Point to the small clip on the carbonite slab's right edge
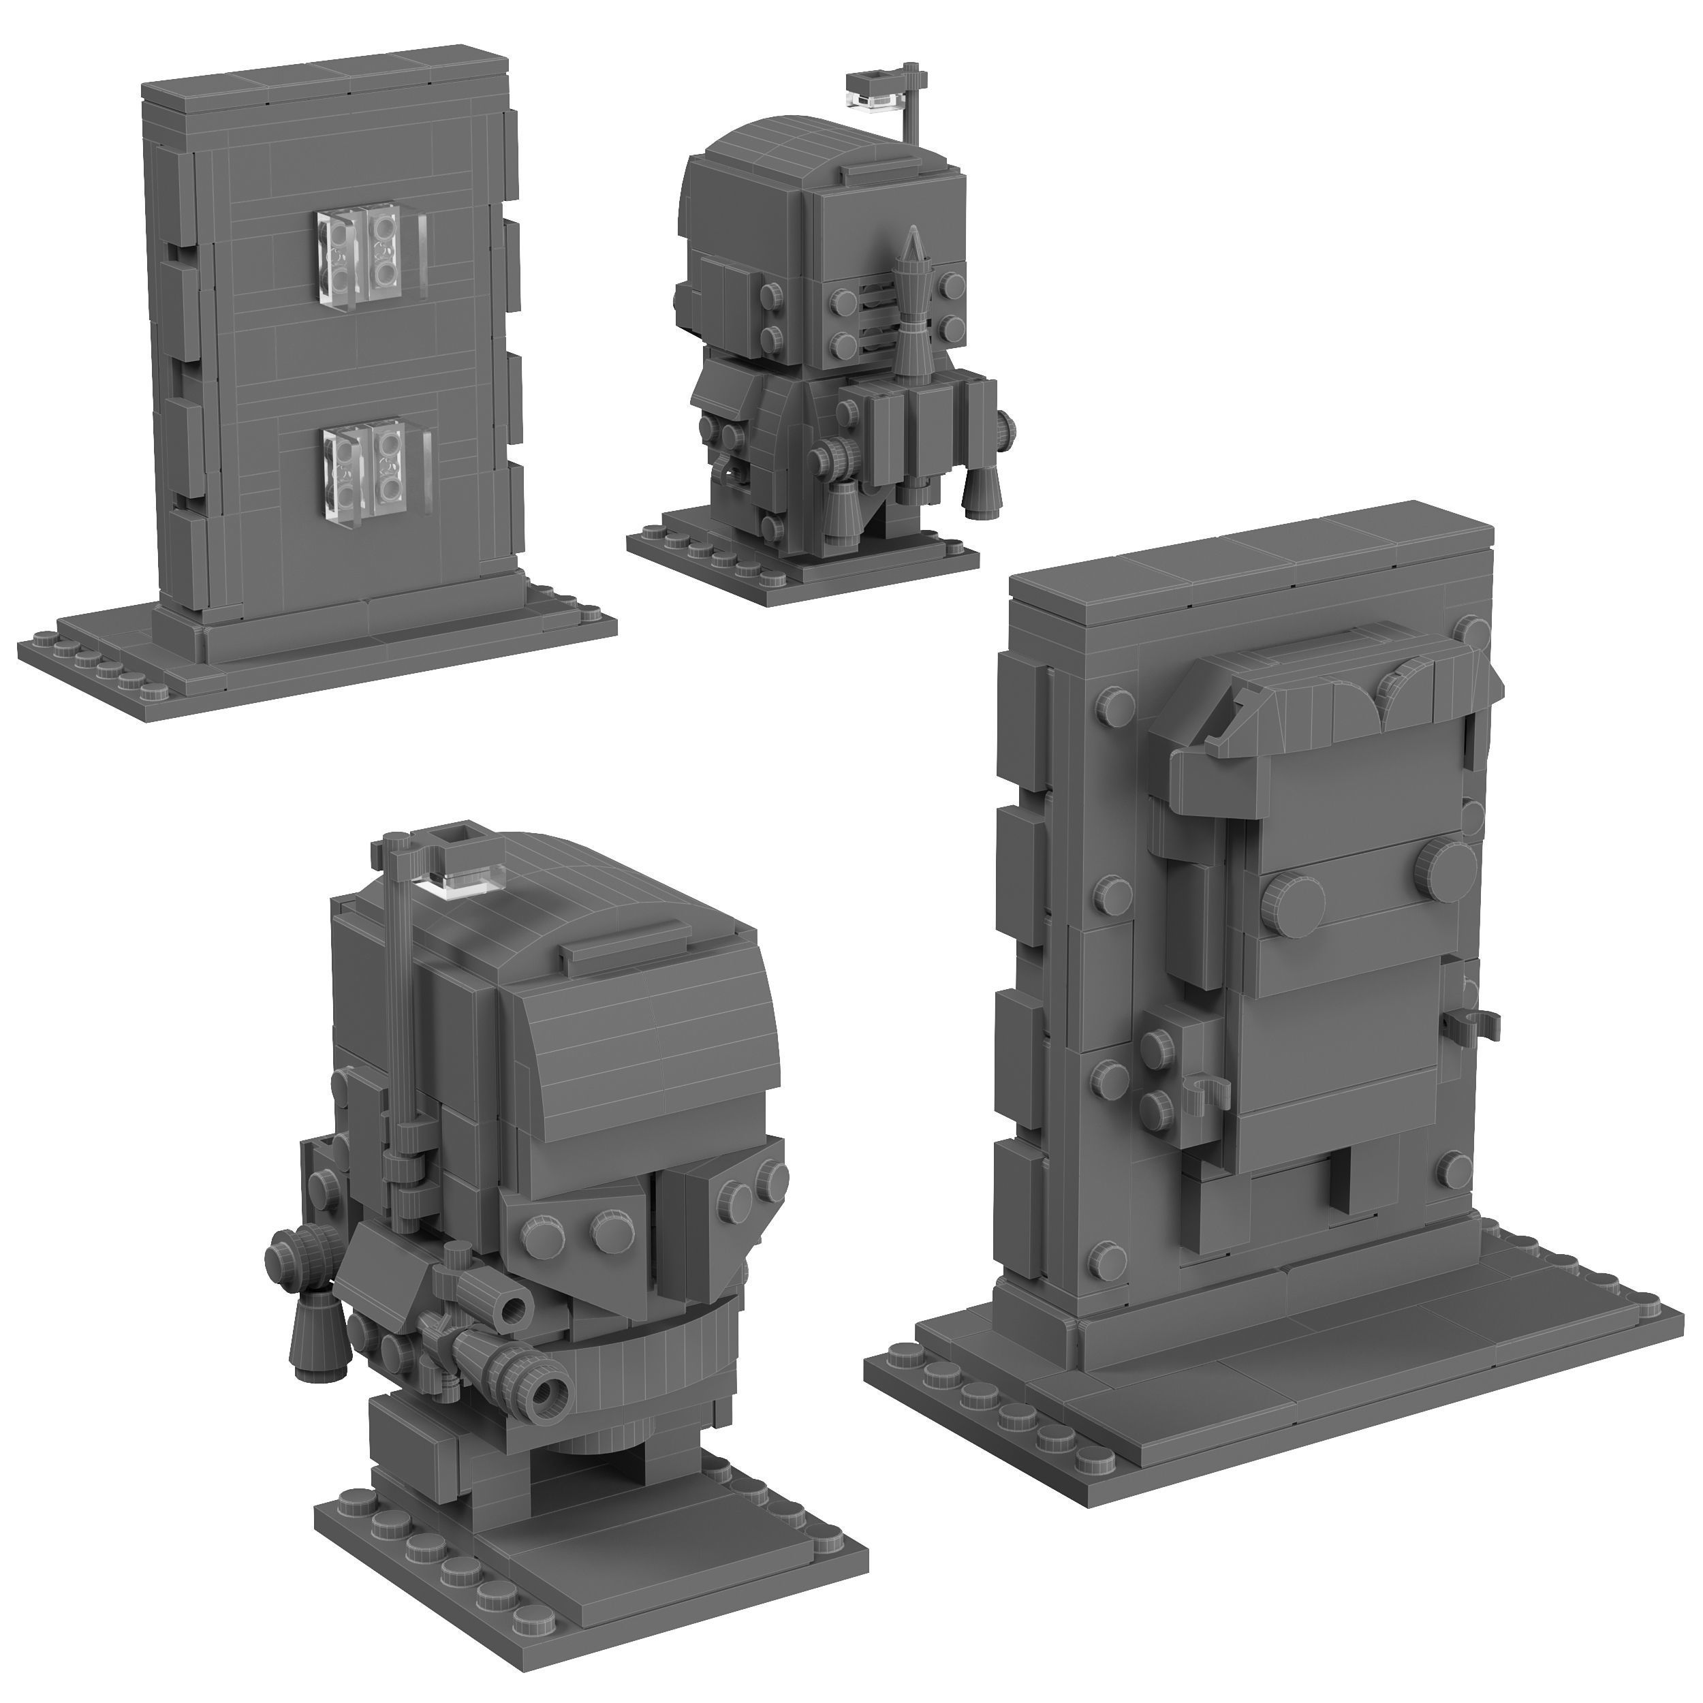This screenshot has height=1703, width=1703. click(x=1470, y=1020)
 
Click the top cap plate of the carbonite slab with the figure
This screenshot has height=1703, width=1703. click(x=1251, y=564)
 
